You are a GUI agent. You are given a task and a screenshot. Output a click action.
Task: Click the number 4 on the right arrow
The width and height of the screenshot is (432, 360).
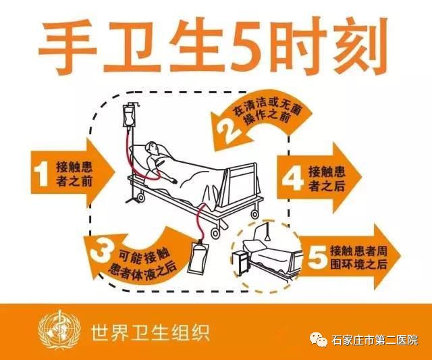[x=292, y=179]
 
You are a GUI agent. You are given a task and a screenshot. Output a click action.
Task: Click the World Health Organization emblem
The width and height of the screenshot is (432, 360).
[x=58, y=332]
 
